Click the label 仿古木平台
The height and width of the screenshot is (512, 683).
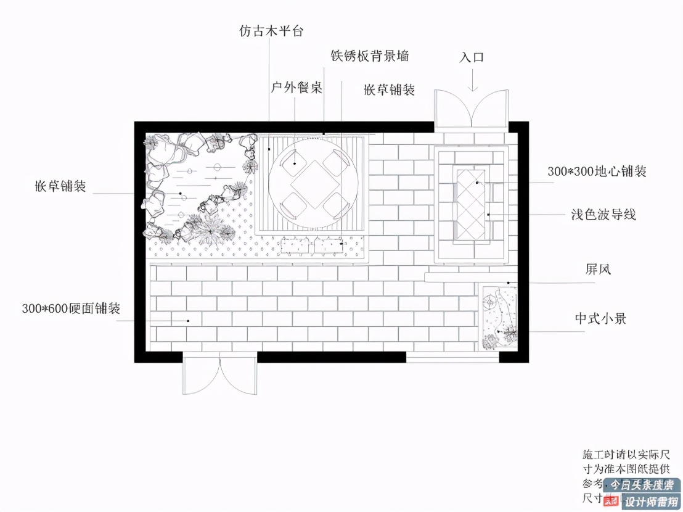coord(271,30)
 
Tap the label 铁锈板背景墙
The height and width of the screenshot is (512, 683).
coord(370,56)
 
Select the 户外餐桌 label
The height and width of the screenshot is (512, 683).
coord(297,87)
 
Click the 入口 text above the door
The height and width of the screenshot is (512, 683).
coord(472,57)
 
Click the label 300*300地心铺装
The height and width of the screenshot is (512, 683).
coord(597,171)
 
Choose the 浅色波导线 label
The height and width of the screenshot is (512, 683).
coord(603,215)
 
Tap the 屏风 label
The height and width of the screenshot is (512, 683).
coord(597,269)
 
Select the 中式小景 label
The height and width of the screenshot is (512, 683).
coord(600,318)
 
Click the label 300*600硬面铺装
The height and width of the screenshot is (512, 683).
coord(71,308)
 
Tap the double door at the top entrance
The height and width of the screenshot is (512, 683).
coord(472,110)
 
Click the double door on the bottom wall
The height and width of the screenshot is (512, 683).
coord(220,374)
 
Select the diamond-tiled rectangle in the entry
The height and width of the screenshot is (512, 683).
coord(472,204)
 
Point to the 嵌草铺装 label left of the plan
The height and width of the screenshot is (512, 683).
coord(60,186)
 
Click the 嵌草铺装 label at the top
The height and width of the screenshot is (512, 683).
coord(389,89)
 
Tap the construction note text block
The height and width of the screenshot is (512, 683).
coord(629,475)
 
